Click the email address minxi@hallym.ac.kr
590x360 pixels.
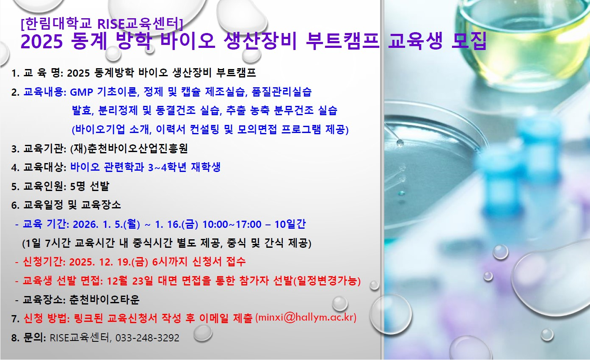point(306,317)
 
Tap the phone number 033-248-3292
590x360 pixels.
point(147,338)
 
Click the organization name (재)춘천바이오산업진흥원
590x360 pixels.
point(129,148)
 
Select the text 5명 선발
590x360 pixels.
point(90,186)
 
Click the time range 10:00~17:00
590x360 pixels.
point(232,224)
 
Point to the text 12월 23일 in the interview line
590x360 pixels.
point(130,281)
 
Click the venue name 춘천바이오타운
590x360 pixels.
point(104,300)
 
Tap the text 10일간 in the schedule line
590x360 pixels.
point(290,224)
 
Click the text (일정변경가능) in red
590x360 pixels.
point(327,281)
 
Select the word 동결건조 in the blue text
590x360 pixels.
point(176,111)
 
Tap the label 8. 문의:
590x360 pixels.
point(29,338)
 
